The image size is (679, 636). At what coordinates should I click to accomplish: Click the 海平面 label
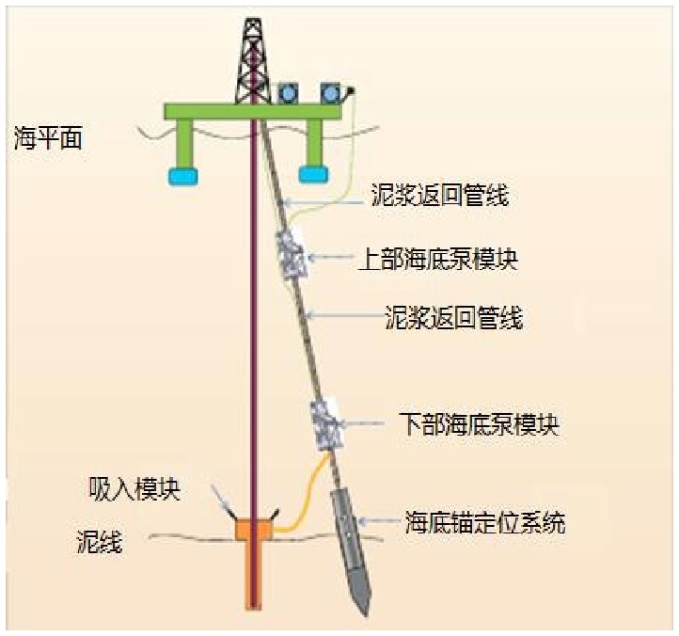48,139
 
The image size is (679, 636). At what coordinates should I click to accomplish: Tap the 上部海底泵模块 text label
439,258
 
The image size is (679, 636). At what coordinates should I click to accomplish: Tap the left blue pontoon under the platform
182,174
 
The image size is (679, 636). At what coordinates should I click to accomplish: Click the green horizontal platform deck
251,111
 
